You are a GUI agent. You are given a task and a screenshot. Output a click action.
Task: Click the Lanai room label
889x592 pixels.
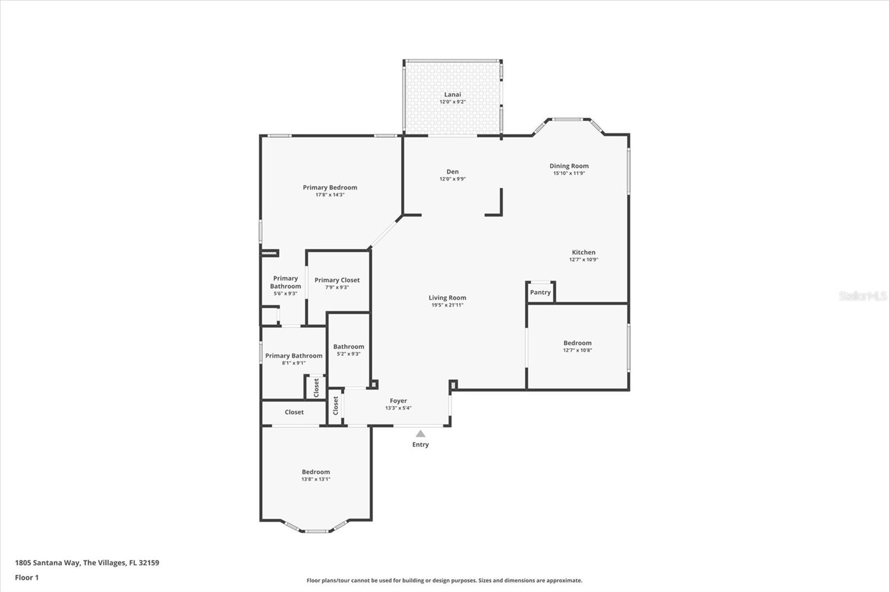pyautogui.click(x=452, y=94)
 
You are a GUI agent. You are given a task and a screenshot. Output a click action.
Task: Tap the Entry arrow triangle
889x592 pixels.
pyautogui.click(x=421, y=434)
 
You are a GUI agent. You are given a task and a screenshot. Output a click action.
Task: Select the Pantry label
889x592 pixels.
pyautogui.click(x=540, y=292)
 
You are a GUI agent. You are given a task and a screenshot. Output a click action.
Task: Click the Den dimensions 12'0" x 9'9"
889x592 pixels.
pyautogui.click(x=452, y=179)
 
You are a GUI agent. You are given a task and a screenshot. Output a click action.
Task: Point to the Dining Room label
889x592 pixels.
pyautogui.click(x=569, y=165)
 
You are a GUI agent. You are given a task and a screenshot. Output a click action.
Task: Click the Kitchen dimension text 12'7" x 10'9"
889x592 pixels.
pyautogui.click(x=583, y=259)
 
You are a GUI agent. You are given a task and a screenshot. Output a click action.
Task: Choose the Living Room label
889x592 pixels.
pyautogui.click(x=447, y=298)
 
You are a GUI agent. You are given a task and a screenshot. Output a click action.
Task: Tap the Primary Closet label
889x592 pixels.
pyautogui.click(x=337, y=280)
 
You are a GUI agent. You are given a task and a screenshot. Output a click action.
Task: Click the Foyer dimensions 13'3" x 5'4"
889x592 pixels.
pyautogui.click(x=398, y=408)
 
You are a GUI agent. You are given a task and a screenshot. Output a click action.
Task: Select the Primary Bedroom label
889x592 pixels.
pyautogui.click(x=330, y=187)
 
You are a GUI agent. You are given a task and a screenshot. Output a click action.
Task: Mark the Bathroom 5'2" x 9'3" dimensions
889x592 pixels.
pyautogui.click(x=348, y=354)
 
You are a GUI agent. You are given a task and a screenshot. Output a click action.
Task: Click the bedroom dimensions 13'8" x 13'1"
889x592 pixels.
pyautogui.click(x=316, y=479)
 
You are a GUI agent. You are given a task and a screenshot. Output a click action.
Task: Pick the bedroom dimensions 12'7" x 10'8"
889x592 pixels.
pyautogui.click(x=577, y=350)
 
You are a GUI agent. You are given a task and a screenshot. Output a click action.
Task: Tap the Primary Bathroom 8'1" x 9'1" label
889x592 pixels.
pyautogui.click(x=293, y=355)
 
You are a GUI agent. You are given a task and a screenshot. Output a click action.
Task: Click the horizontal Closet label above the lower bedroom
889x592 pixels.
pyautogui.click(x=294, y=412)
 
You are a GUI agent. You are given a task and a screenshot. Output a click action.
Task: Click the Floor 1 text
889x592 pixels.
pyautogui.click(x=27, y=578)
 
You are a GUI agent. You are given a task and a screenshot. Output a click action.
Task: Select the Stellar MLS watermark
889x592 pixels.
pyautogui.click(x=863, y=296)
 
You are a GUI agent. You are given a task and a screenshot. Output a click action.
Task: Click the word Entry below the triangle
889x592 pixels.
pyautogui.click(x=421, y=444)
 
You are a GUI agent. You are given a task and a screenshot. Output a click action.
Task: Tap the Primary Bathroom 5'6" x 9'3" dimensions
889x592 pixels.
pyautogui.click(x=285, y=293)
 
